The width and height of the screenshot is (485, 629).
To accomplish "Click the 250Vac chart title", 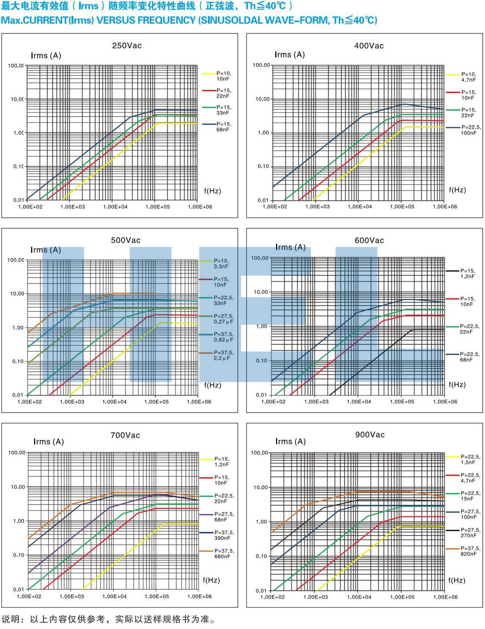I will point(127,46).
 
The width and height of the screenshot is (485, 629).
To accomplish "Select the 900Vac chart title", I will point(370,435).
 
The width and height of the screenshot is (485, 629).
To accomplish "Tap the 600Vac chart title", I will point(369,240).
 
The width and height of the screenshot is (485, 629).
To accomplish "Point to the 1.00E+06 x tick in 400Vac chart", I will point(445,207).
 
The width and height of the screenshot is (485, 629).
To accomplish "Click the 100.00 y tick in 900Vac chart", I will point(259,453).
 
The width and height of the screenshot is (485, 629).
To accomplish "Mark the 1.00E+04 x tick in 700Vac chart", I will point(115,596).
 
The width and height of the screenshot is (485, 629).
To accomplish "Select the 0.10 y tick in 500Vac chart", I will point(18,361).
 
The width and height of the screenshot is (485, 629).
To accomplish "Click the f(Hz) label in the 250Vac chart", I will point(213,191).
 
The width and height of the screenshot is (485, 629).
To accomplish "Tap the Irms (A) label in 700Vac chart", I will point(48,442).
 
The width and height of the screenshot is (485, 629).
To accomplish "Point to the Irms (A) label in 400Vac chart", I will point(290,55).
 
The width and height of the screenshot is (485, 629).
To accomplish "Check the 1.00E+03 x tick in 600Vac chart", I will point(316,402).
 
